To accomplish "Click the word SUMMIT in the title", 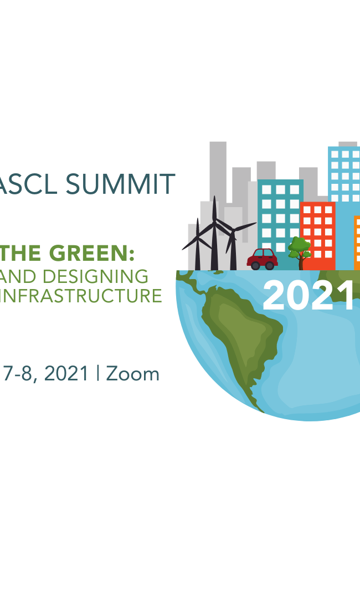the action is [120, 184].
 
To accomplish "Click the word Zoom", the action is [133, 374].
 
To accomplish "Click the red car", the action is [263, 259].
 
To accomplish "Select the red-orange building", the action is [318, 236].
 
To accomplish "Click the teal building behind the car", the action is [280, 214].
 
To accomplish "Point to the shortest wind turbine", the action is [197, 244].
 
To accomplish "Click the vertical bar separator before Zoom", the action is [98, 373].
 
